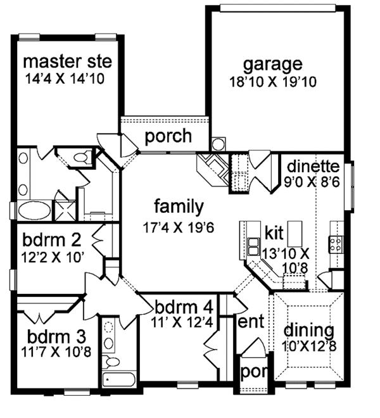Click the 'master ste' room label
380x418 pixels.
(x=67, y=62)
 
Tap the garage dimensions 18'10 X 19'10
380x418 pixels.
(x=273, y=82)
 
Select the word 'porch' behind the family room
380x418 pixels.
(x=168, y=136)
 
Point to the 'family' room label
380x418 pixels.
(x=178, y=206)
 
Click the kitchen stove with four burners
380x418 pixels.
(x=335, y=243)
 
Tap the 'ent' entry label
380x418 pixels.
(x=250, y=322)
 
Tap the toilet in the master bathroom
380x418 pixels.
(x=80, y=157)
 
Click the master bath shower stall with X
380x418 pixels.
(x=63, y=209)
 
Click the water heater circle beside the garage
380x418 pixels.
(x=218, y=144)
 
